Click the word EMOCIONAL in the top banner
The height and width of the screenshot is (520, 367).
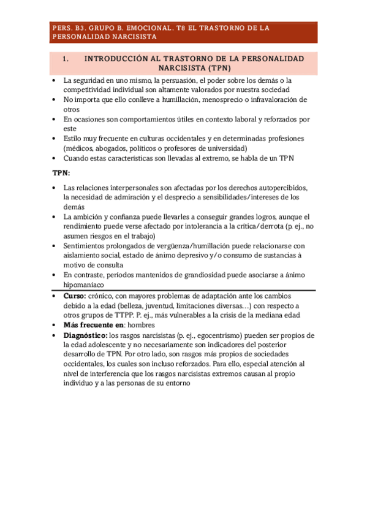(148, 28)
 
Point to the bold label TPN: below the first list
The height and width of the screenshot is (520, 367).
(61, 173)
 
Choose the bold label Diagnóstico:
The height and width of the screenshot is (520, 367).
(85, 335)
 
